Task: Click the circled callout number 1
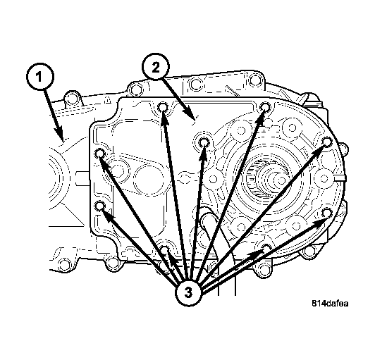[39, 75]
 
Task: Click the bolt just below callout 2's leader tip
[204, 143]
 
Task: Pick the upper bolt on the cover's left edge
[100, 154]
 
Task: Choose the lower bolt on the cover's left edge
[100, 206]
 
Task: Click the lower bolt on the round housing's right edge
[326, 213]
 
